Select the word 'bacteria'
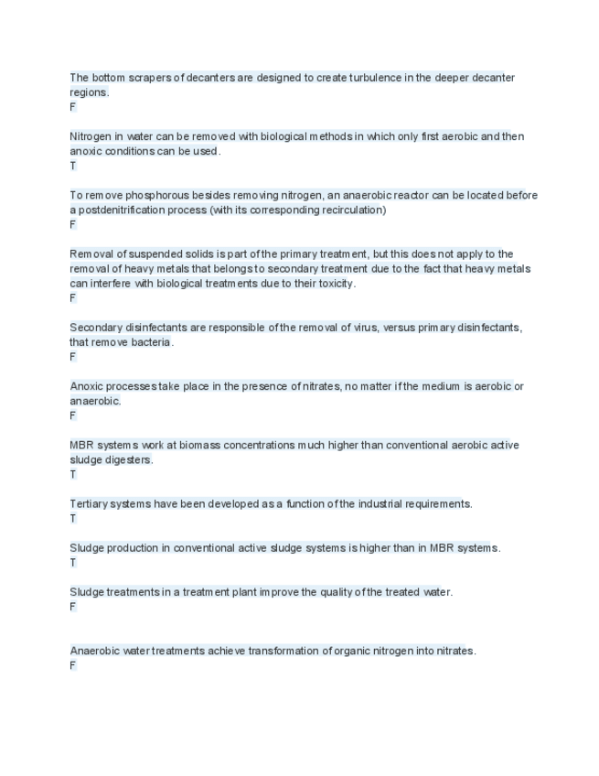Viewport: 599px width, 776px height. pos(149,342)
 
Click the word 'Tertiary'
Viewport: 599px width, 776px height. pos(90,503)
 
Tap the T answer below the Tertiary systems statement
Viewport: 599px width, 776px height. pos(73,518)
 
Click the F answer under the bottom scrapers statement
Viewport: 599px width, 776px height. pos(73,107)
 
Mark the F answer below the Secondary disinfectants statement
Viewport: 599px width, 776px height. pos(73,357)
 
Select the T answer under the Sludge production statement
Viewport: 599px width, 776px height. pos(73,563)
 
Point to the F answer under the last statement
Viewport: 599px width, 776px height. pos(73,665)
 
